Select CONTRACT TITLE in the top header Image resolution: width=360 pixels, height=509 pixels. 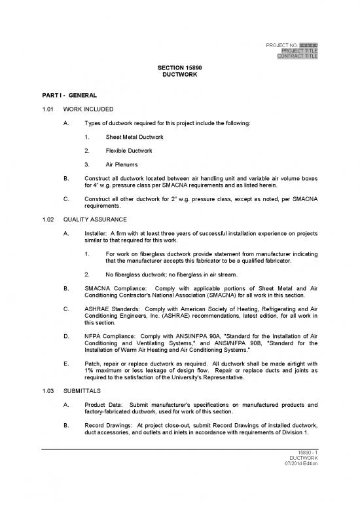click(298, 56)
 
